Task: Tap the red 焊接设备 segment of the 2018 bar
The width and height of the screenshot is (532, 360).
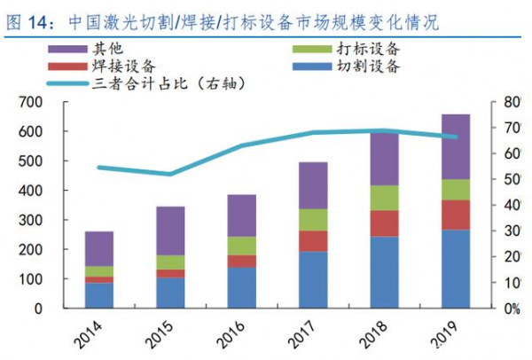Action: (x=384, y=223)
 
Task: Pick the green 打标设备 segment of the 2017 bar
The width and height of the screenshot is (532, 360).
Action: (x=312, y=220)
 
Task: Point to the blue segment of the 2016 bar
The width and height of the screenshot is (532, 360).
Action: (x=241, y=287)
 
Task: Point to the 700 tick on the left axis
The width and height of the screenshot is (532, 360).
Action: (x=48, y=103)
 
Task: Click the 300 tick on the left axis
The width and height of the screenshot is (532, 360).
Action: (x=48, y=221)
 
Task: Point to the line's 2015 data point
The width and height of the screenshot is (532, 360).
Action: (x=171, y=174)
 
